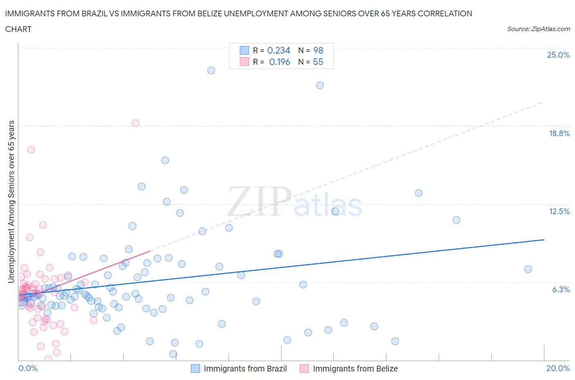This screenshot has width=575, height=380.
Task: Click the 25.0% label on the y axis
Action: coord(558,55)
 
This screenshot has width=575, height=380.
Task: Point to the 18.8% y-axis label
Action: coord(559,133)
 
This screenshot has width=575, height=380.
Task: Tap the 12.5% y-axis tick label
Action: coord(559,211)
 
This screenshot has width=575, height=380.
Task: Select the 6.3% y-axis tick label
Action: coord(561,289)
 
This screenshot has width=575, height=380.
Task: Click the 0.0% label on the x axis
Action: coord(28,368)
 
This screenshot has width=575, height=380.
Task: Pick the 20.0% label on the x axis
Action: coord(558,368)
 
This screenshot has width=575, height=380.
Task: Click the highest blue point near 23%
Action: coord(211,70)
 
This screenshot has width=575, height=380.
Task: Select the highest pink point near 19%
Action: coord(135,123)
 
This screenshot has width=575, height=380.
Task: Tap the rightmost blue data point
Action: coord(528,269)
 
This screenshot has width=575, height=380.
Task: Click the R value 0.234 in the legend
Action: coord(279,50)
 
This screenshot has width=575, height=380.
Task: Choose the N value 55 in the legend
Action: coord(318,62)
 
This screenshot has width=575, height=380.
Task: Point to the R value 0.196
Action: coord(279,62)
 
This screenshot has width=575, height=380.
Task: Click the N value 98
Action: coord(318,50)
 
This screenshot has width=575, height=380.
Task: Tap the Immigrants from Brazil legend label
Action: coord(245,369)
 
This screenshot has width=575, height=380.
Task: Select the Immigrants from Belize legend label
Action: coord(355,369)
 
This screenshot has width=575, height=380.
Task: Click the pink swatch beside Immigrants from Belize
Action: coord(304,369)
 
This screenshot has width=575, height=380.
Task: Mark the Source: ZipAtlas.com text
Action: coord(538,29)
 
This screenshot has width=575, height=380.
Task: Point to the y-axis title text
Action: coord(11,201)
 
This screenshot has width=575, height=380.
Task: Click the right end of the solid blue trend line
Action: coord(544,239)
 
